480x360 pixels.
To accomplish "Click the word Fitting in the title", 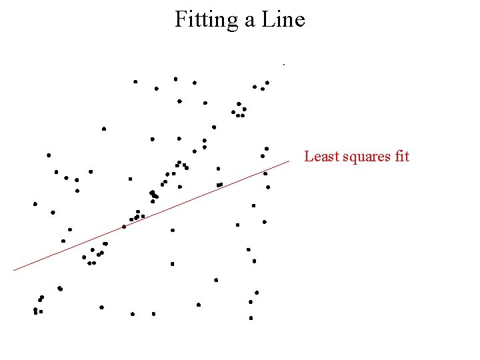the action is (207, 20).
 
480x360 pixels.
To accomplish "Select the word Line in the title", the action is (283, 20).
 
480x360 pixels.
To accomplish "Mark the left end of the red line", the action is (14, 270).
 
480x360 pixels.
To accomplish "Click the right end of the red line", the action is (289, 161).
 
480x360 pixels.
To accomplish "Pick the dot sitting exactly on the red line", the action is (124, 227).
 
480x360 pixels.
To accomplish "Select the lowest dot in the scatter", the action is (251, 318).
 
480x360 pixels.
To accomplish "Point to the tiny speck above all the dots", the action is (284, 65).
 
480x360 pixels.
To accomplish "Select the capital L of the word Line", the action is (267, 20).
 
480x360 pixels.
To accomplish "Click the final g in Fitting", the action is (233, 23).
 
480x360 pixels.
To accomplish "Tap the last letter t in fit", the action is (407, 157).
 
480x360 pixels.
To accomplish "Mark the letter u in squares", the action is (359, 158).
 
